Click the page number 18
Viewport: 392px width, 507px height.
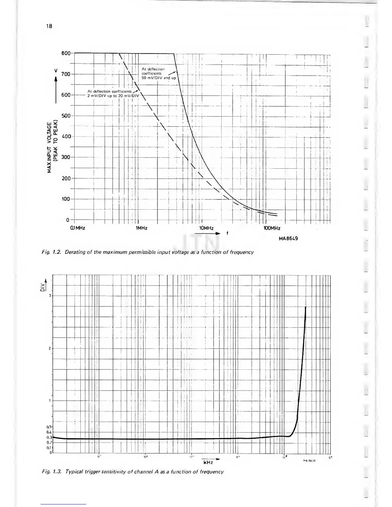coord(49,26)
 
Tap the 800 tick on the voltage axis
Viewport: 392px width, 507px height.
coord(66,53)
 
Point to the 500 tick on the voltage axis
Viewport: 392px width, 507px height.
coord(66,116)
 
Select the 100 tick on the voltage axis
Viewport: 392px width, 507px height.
coord(66,199)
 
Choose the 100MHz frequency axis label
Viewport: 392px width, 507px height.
coord(272,228)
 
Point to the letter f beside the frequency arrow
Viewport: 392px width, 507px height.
coord(227,233)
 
